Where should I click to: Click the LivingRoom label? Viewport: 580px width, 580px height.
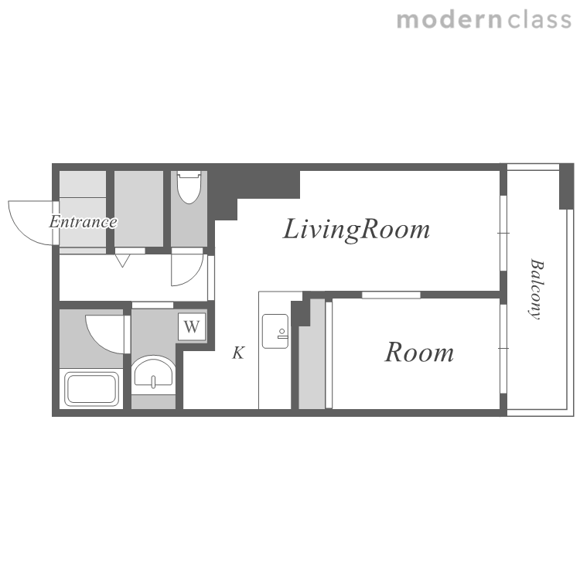pyautogui.click(x=357, y=230)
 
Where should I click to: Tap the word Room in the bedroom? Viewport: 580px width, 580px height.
pyautogui.click(x=419, y=352)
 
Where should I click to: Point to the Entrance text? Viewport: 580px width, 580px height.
pyautogui.click(x=84, y=222)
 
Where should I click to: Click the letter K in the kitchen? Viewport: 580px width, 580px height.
pyautogui.click(x=238, y=353)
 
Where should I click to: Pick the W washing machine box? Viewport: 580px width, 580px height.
pyautogui.click(x=192, y=326)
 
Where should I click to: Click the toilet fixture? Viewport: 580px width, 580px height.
pyautogui.click(x=189, y=187)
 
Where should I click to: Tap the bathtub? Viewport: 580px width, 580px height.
pyautogui.click(x=91, y=388)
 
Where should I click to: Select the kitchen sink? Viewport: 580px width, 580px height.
pyautogui.click(x=275, y=332)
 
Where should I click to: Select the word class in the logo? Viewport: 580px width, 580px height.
pyautogui.click(x=540, y=20)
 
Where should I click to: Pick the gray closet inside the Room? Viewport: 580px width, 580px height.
pyautogui.click(x=312, y=354)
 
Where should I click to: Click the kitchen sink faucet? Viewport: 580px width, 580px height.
pyautogui.click(x=282, y=334)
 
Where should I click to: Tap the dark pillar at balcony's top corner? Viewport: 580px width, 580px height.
pyautogui.click(x=566, y=186)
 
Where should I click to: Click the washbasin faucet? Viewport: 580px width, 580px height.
pyautogui.click(x=154, y=381)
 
